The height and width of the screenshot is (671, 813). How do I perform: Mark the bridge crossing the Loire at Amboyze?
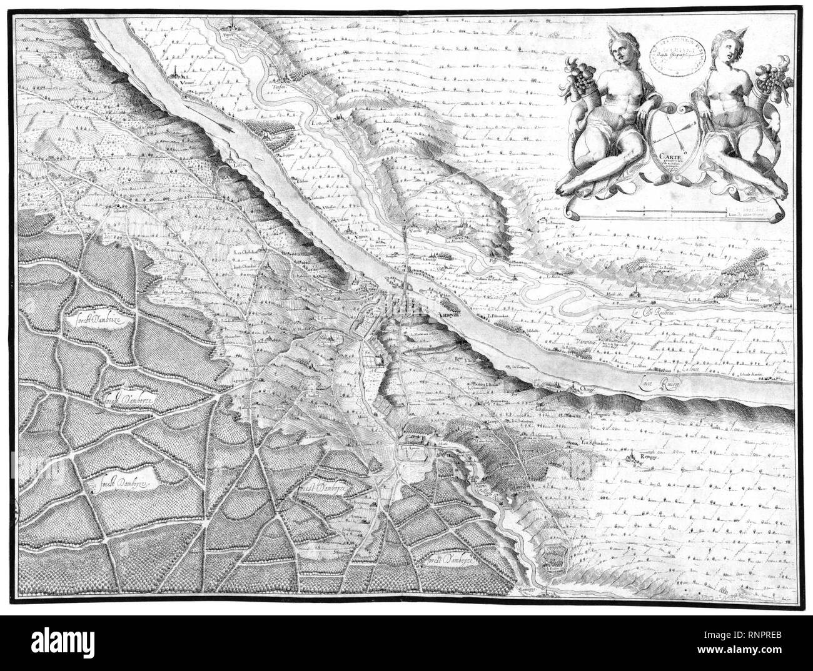pos(407,269)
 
